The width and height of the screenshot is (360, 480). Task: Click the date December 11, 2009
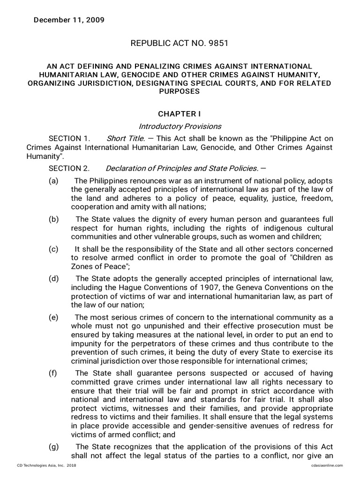click(68, 20)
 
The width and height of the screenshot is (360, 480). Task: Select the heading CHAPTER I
click(180, 114)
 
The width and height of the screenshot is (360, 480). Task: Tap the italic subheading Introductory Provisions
click(180, 127)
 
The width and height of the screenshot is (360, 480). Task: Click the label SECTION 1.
click(68, 138)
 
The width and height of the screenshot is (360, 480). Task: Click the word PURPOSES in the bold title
click(180, 91)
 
